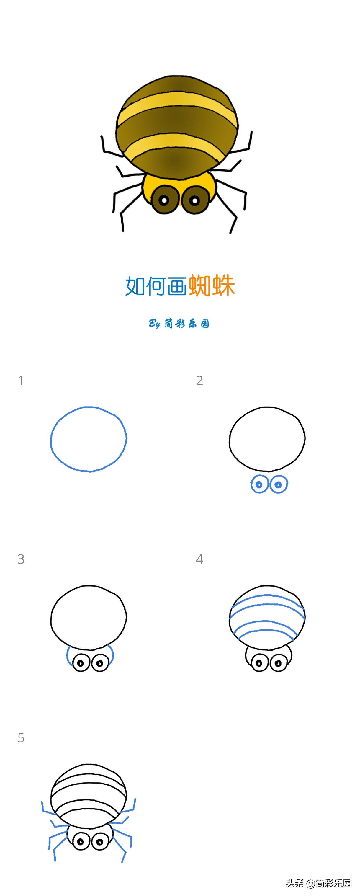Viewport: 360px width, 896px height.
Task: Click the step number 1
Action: coord(21,381)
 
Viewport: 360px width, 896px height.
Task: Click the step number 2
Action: coord(199,381)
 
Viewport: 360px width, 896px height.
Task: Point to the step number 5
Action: coord(21,738)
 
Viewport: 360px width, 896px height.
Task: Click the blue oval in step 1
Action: coord(51,439)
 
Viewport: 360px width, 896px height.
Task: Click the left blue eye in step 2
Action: coord(259,484)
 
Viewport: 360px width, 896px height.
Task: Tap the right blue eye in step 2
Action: coord(278,484)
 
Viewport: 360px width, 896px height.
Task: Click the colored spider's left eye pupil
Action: coord(164,200)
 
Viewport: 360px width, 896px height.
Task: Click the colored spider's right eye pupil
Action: coord(194,200)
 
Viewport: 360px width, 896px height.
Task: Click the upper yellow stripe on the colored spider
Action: coord(177,103)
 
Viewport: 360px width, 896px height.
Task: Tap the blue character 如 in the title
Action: coord(135,286)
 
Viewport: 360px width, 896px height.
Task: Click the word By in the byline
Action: coord(154,324)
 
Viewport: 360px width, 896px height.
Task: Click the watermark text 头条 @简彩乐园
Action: coord(319,883)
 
